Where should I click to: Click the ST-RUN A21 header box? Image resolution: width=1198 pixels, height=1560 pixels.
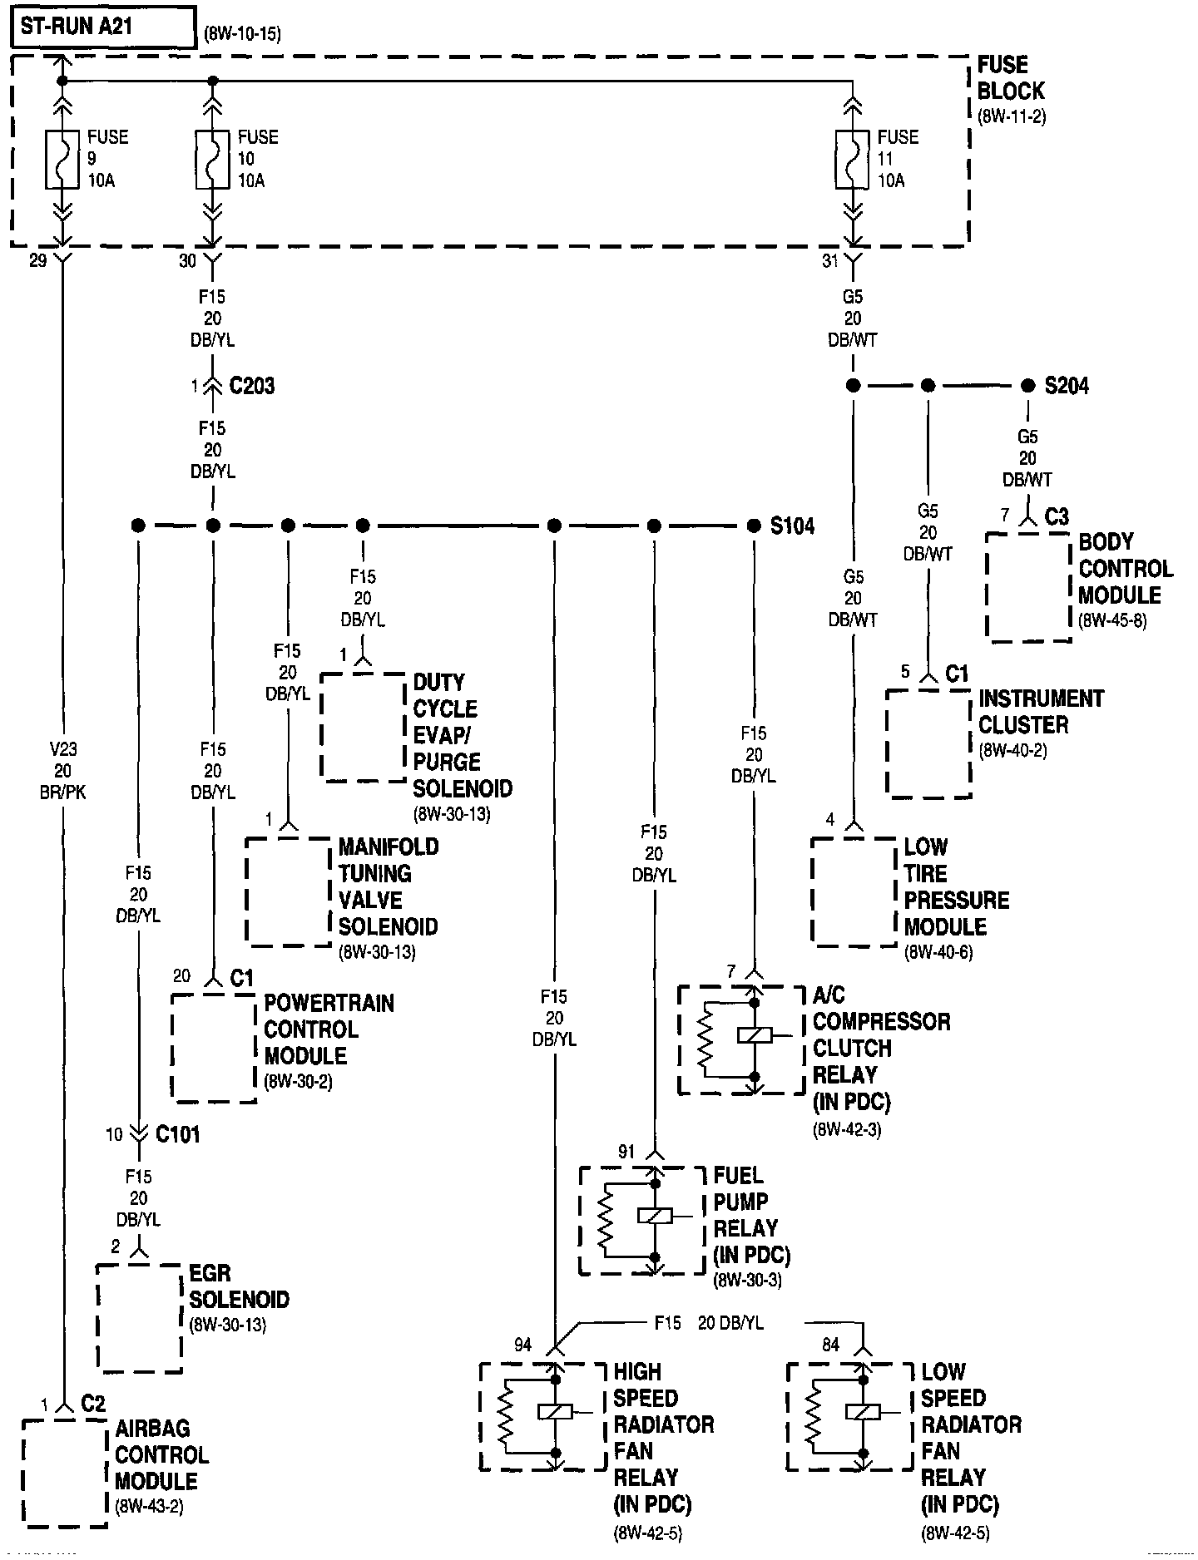point(103,27)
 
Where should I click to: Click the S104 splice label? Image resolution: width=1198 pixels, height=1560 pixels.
point(791,526)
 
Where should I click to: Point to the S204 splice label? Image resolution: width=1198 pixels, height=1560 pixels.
point(1067,386)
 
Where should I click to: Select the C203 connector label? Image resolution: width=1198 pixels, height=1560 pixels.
point(250,386)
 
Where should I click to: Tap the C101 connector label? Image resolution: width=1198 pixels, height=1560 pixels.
point(177,1134)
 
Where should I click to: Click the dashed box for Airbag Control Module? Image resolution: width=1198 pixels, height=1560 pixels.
point(65,1472)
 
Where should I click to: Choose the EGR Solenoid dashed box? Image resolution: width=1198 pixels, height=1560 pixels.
point(139,1318)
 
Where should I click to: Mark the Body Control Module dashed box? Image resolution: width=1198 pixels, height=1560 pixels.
point(1028,587)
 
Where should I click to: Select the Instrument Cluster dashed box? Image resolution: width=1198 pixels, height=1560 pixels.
point(928,743)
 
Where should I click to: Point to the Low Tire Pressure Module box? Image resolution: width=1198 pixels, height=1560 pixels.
point(854,891)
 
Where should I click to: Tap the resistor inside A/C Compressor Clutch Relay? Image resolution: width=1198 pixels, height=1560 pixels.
point(705,1037)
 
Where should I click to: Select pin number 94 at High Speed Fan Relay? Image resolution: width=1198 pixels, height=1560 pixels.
point(522,1345)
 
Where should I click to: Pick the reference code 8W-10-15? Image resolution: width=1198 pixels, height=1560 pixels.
point(242,35)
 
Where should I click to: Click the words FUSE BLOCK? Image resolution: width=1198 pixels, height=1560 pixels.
point(1010,78)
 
